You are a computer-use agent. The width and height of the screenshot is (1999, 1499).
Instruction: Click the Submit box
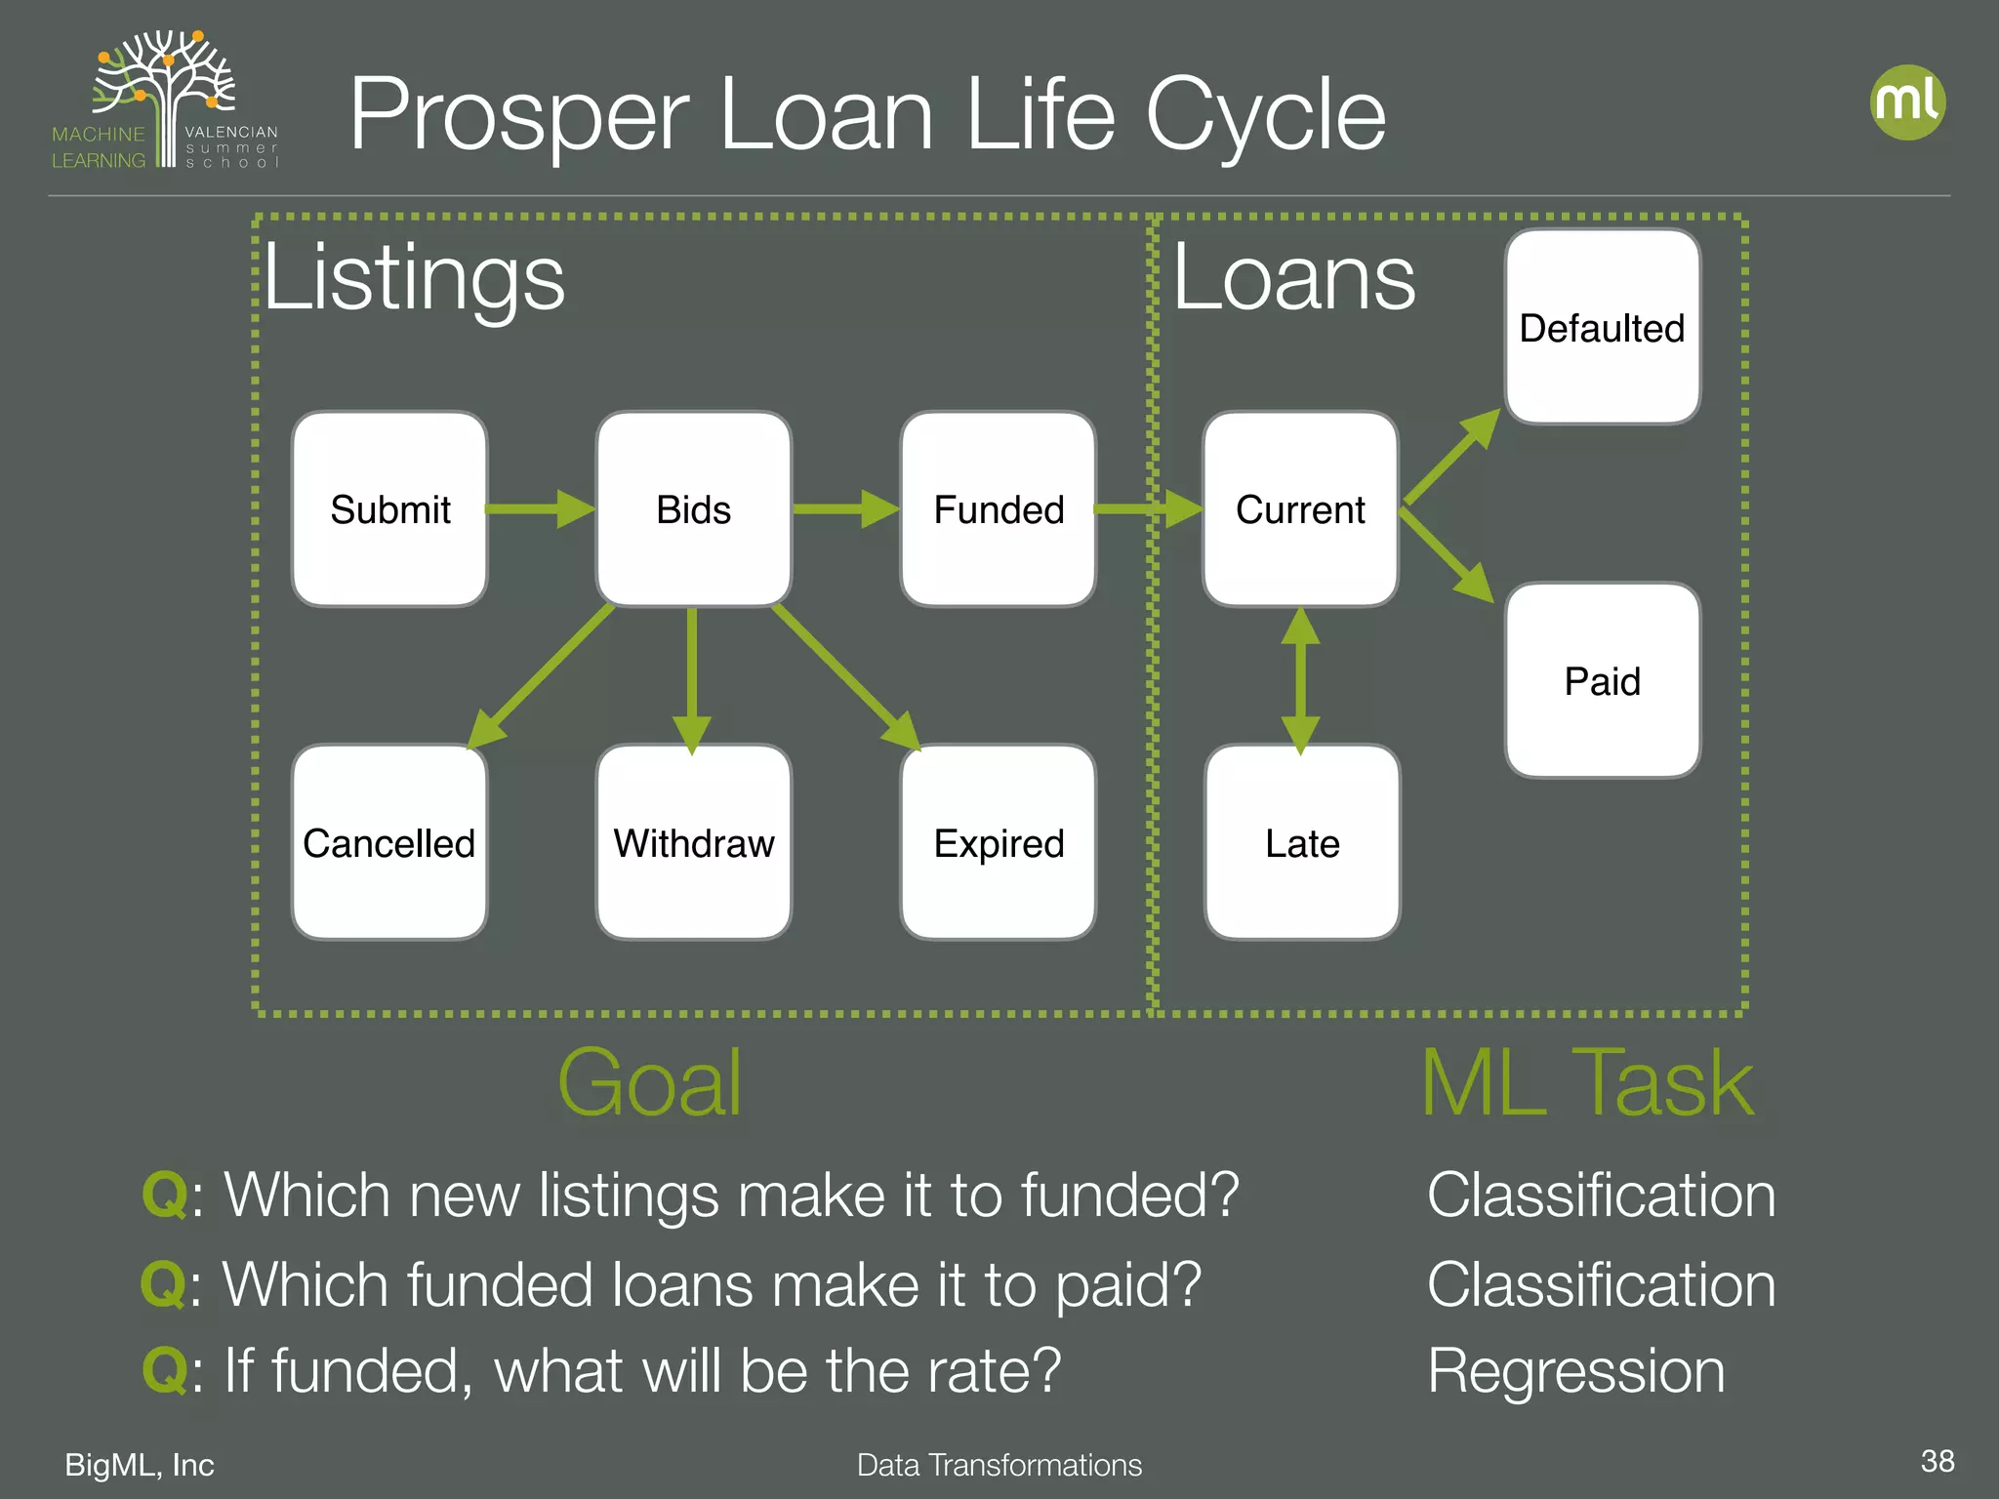389,508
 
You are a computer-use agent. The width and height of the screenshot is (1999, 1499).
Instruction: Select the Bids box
693,508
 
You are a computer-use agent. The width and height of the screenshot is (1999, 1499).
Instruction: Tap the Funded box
998,508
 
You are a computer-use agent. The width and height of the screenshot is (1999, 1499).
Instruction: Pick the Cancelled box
389,842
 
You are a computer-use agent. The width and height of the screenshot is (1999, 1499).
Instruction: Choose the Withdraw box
693,842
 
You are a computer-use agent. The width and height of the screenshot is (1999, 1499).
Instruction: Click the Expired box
998,842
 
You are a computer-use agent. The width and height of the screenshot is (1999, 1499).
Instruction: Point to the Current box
1300,508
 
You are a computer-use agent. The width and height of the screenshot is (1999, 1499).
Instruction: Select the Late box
1302,842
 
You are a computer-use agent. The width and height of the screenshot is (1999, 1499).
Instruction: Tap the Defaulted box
1602,327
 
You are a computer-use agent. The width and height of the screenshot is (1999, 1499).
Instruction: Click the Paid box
1602,680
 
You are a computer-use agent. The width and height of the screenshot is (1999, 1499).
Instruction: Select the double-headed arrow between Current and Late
1300,680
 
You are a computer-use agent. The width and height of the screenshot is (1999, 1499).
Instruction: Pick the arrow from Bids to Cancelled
542,675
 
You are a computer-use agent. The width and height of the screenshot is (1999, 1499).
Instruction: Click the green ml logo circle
1907,102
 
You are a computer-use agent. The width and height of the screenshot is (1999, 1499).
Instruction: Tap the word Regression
1575,1370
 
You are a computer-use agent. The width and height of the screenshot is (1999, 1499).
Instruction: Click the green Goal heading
649,1082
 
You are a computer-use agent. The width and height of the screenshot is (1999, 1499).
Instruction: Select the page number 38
1937,1461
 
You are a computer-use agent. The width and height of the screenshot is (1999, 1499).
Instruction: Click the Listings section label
414,278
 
